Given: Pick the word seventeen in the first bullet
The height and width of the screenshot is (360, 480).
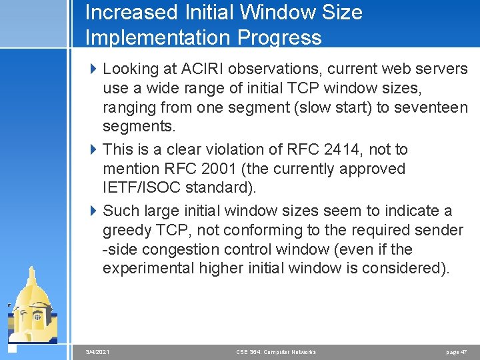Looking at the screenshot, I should (435, 107).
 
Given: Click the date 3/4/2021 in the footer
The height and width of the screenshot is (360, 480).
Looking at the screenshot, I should (98, 351).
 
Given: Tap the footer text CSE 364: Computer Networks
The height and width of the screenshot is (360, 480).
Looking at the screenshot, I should (276, 351).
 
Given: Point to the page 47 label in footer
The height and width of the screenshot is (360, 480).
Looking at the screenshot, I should (457, 351).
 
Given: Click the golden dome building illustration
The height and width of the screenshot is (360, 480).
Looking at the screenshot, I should (33, 307).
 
